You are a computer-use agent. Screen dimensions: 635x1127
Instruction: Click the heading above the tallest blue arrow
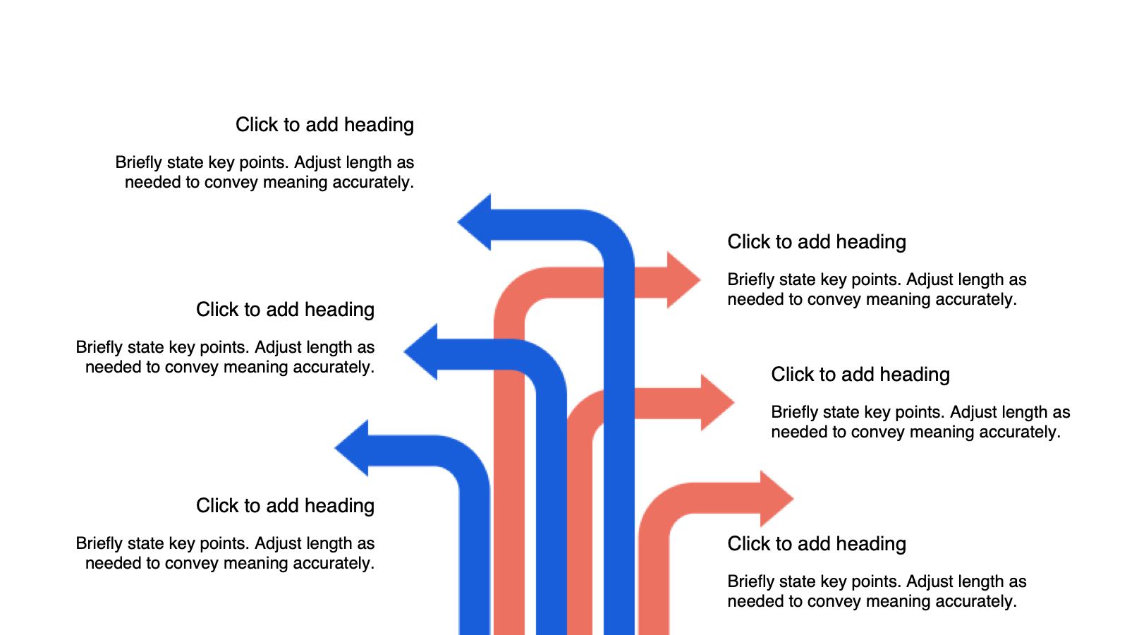(x=324, y=125)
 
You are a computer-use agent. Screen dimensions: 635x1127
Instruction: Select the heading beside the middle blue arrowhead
(x=285, y=310)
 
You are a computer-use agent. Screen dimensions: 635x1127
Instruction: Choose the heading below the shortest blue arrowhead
(x=285, y=506)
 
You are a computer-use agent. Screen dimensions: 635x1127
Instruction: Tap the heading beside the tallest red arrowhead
(x=817, y=242)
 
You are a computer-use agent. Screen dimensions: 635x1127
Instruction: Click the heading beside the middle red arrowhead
(x=860, y=375)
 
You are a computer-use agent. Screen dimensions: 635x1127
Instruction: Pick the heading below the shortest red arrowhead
(x=817, y=544)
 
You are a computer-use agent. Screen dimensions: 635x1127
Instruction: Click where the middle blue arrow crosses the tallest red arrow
(x=509, y=355)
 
